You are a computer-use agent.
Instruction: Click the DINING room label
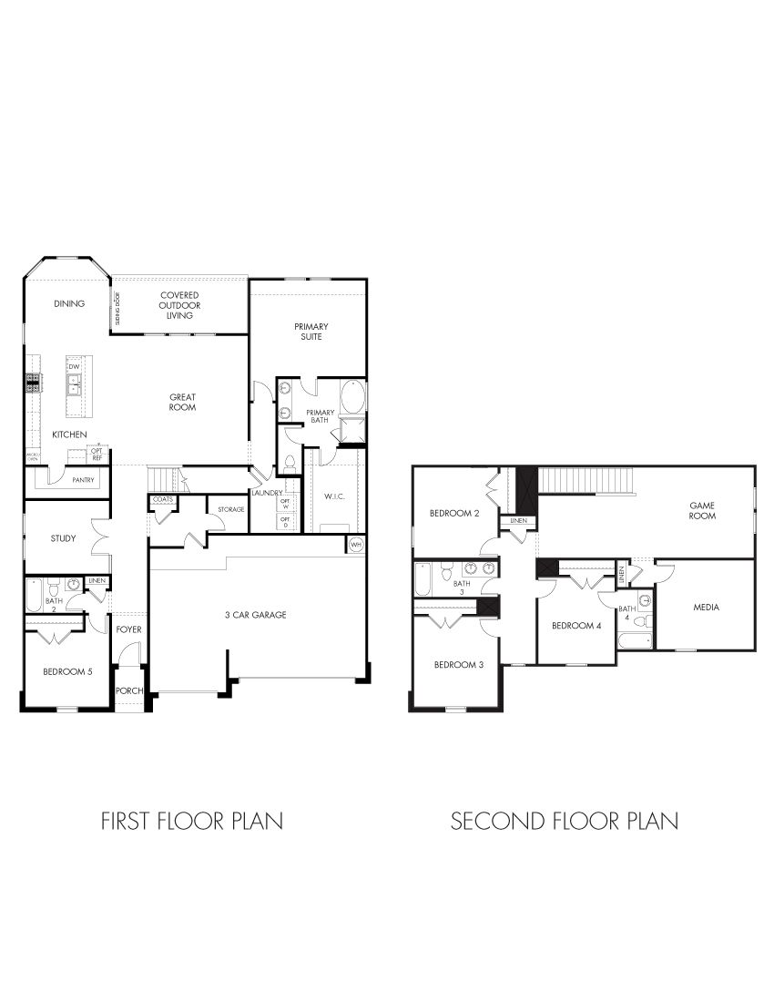coord(69,304)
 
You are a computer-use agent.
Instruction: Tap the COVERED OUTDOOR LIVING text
coord(180,305)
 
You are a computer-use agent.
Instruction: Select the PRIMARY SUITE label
coord(311,331)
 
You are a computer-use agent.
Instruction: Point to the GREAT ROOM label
coord(182,402)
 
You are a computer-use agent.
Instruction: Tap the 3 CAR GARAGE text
coord(256,615)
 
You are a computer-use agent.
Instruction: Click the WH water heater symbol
coord(355,545)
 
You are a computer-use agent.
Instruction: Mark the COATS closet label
coord(163,500)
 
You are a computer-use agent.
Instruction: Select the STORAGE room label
coord(230,509)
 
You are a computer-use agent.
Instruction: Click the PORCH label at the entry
coord(129,690)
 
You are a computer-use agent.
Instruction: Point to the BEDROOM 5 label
coord(67,672)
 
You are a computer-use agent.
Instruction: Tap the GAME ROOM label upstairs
coord(702,510)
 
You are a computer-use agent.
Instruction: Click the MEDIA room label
coord(707,608)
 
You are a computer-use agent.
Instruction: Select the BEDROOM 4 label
coord(576,626)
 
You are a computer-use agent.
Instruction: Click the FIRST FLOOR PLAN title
coord(191,821)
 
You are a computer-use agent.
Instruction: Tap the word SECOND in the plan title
coord(497,821)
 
